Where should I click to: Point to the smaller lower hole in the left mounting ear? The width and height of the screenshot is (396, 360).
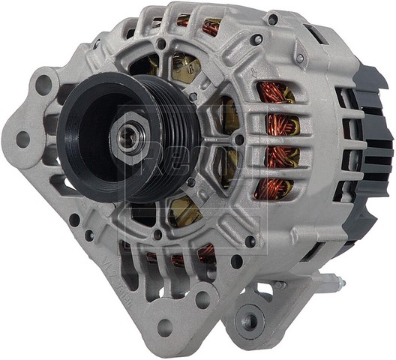[x=22, y=138]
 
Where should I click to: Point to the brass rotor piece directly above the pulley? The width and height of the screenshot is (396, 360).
[x=183, y=67]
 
